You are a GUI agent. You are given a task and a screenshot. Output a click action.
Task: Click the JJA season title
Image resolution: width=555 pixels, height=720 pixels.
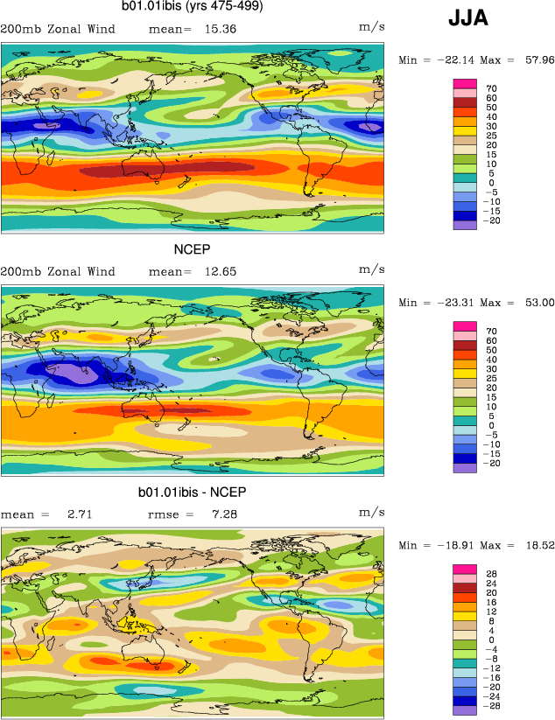468,17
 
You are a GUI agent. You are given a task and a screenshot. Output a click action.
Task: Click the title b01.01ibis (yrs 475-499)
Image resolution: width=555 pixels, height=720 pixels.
193,8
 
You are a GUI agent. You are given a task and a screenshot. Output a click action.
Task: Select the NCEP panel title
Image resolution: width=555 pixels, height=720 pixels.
193,250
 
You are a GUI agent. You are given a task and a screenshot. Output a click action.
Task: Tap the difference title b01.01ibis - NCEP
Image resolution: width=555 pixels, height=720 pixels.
193,493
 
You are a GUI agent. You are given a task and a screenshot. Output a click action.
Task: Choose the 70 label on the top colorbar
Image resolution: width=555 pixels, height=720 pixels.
492,88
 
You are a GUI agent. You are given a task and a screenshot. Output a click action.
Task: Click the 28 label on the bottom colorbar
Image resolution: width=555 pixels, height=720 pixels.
492,574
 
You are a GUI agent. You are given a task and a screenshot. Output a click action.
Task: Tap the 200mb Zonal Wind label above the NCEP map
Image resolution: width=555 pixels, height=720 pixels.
58,271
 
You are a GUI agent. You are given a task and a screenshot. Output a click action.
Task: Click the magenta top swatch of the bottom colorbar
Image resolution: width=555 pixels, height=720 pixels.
464,570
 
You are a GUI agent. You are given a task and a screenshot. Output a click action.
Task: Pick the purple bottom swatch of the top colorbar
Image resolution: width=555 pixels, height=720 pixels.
464,225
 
